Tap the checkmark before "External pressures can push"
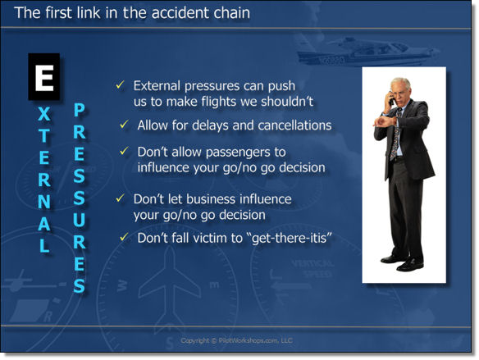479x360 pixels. [120, 85]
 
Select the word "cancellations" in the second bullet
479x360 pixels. [292, 125]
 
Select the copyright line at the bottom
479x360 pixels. [236, 340]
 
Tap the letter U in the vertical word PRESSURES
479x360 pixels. [79, 221]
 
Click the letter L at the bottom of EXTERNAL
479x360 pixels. [44, 245]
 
